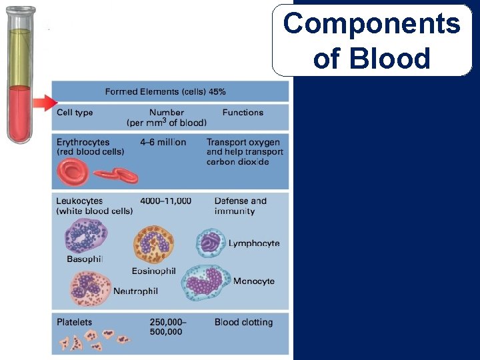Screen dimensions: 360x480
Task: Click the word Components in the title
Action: point(371,24)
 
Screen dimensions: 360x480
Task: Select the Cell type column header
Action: point(75,113)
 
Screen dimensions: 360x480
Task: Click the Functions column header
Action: point(243,113)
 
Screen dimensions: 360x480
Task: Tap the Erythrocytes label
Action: point(83,142)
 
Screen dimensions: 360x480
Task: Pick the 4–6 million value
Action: point(163,142)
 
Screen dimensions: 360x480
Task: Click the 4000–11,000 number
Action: point(165,201)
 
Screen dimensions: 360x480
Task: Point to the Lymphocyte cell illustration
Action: point(211,243)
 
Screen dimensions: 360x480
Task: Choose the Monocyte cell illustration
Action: point(206,283)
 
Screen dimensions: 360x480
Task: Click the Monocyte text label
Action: point(253,282)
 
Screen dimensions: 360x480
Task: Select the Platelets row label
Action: point(75,322)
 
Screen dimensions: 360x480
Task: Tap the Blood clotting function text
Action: point(243,322)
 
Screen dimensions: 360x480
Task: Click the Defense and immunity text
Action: point(240,205)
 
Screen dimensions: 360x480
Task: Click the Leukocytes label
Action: point(82,201)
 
